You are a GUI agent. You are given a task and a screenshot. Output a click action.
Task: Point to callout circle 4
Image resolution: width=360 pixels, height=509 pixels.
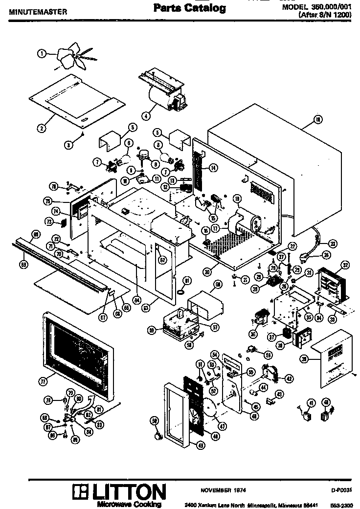coord(146,116)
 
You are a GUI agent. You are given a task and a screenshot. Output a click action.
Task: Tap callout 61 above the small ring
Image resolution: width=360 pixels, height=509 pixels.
coord(186,280)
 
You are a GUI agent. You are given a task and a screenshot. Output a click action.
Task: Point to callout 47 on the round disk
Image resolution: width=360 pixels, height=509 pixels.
coord(223,426)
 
